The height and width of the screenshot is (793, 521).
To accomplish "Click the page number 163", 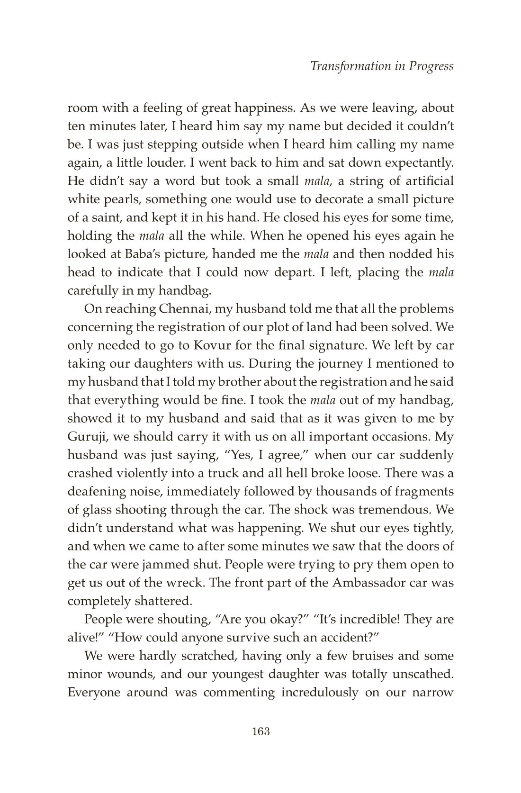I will pos(261,731).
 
